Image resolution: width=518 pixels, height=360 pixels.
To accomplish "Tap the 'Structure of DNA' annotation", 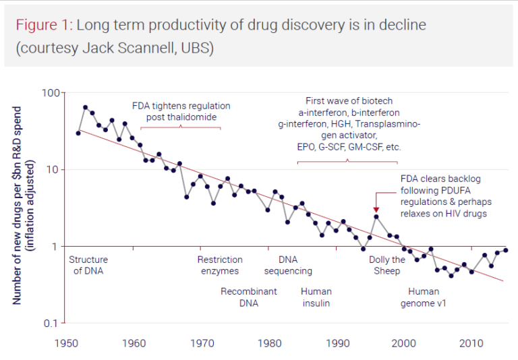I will [88, 265].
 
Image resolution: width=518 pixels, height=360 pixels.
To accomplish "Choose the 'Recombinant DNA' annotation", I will [249, 297].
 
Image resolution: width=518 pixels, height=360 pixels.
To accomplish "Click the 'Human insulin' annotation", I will [316, 297].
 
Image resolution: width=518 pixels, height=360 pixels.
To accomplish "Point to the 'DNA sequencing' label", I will [288, 265].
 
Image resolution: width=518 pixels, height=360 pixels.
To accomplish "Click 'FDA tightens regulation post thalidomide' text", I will [181, 111].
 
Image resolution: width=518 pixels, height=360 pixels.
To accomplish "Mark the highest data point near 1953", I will [86, 107].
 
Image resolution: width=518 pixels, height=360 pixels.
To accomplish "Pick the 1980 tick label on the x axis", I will [268, 342].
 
